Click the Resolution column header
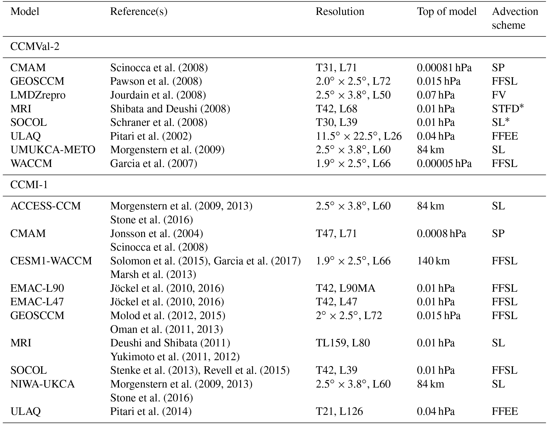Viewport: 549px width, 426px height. pos(340,11)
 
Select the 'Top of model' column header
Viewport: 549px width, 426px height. pos(446,11)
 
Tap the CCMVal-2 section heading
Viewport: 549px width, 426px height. pos(35,47)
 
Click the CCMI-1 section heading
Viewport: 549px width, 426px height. pos(29,185)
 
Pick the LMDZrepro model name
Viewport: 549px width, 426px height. pos(38,95)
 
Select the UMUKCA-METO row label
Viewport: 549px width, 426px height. pos(53,150)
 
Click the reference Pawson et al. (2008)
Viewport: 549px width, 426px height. pos(156,81)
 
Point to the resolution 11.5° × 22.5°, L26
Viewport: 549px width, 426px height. pos(359,136)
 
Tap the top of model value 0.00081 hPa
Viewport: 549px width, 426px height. pos(444,67)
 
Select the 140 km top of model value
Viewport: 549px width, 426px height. pos(433,261)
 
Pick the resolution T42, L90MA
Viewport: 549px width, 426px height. pos(345,288)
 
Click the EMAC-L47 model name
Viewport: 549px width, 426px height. pos(37,302)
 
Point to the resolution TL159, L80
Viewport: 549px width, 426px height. pos(343,343)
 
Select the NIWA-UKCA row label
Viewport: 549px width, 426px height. pos(42,384)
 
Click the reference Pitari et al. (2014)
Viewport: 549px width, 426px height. pos(151,411)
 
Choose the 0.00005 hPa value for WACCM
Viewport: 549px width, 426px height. pos(444,163)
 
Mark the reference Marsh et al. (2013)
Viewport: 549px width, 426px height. pos(153,274)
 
